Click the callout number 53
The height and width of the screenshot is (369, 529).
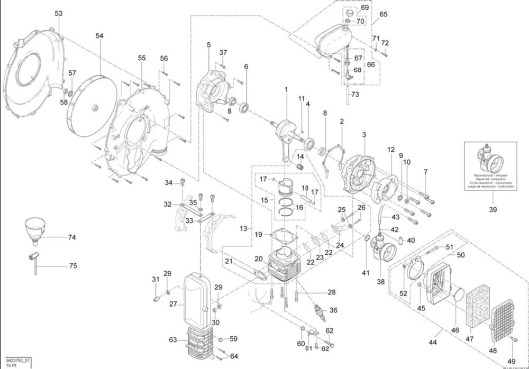[58, 13]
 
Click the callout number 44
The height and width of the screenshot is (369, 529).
[433, 343]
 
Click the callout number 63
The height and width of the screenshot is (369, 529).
[172, 340]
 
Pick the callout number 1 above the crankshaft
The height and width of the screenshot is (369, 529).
[286, 90]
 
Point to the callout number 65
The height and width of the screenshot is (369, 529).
[384, 14]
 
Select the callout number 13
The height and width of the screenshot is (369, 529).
[243, 229]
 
